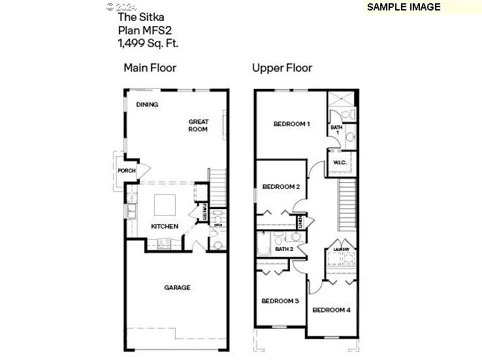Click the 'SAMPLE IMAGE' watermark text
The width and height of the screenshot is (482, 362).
coord(403,7)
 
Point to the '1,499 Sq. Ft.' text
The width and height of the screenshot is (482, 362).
coord(148,43)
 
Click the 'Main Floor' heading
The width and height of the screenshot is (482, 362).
coord(150,67)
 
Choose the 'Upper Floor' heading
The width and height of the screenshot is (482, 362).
coord(282,67)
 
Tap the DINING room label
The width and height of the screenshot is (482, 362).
coord(147,105)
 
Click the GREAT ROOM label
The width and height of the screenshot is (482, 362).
coord(198,125)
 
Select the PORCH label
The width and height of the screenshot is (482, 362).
coord(126,171)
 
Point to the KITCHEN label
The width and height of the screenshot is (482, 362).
coord(165,226)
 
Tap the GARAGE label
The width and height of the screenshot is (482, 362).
coord(177,288)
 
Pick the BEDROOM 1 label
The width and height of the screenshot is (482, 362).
coord(291,124)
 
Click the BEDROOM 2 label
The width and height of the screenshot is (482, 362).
coord(281,187)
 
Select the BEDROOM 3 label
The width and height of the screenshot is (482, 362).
coord(280,301)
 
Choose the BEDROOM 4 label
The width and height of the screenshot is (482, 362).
coord(332,310)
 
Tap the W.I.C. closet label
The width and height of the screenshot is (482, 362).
coord(340,162)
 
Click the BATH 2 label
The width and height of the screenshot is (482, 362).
coord(284,249)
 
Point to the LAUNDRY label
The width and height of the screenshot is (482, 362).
coord(342,249)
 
